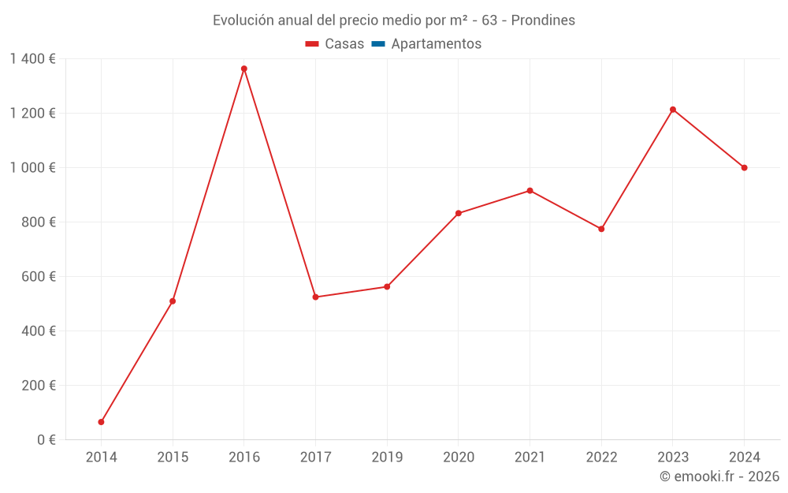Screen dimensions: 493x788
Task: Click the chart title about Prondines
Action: [x=394, y=20]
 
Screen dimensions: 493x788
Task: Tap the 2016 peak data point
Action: [x=244, y=69]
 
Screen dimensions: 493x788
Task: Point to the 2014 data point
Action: [x=101, y=422]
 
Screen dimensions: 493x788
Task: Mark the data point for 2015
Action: [x=173, y=301]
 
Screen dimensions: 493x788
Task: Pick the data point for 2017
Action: [x=315, y=297]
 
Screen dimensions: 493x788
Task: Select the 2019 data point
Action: [x=387, y=286]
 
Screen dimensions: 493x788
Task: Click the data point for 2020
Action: [x=459, y=213]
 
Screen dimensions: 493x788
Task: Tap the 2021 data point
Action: [x=530, y=191]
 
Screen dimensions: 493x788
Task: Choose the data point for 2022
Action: [x=601, y=229]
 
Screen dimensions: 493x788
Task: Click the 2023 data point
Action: [x=673, y=110]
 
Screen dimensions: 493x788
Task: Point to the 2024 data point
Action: [x=744, y=167]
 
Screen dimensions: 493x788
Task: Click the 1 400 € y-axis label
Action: [x=32, y=58]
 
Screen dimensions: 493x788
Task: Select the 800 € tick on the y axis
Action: [x=39, y=222]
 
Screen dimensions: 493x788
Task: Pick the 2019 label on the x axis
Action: [x=387, y=457]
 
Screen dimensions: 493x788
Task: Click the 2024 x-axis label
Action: [x=744, y=457]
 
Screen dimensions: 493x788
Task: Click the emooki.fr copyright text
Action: [x=719, y=476]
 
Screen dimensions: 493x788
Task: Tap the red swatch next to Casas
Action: [x=312, y=44]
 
